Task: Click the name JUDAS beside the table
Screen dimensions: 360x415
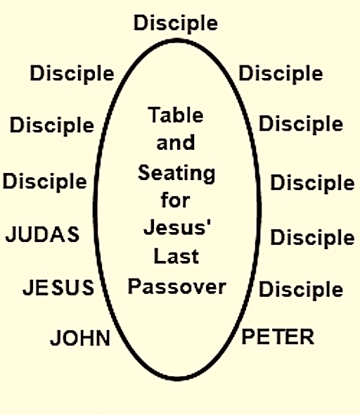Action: click(42, 234)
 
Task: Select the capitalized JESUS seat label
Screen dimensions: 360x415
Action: click(58, 287)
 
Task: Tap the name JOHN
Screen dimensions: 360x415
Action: click(80, 338)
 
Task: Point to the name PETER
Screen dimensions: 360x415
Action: click(278, 336)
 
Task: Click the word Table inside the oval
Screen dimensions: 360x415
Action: click(176, 115)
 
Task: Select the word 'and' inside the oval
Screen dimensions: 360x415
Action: click(176, 142)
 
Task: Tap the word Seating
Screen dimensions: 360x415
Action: click(176, 174)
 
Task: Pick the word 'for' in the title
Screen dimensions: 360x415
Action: click(175, 200)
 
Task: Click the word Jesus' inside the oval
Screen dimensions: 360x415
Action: click(177, 227)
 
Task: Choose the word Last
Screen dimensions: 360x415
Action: click(176, 256)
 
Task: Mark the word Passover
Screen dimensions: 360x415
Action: click(177, 286)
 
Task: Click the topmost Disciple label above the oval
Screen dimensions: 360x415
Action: click(176, 23)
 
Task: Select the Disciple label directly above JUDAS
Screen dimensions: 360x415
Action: click(45, 181)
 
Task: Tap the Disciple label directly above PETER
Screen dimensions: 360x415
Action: click(301, 289)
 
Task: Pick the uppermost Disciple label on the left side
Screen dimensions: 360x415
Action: click(72, 74)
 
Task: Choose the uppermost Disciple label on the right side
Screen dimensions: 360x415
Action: click(281, 74)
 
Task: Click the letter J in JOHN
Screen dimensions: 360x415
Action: click(54, 338)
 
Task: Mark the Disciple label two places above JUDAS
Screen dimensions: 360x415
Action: click(52, 125)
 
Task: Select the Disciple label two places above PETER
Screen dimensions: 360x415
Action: click(312, 238)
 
